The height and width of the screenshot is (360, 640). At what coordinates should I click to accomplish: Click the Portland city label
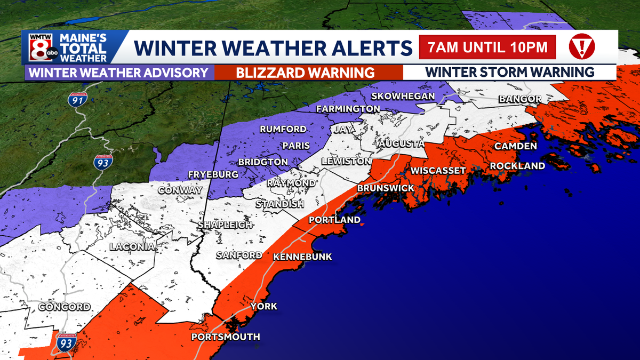335,220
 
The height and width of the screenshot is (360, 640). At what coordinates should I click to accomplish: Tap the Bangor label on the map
520,99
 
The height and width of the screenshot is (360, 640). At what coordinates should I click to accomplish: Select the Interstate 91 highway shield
78,99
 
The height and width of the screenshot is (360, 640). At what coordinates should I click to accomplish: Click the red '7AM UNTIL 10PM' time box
487,47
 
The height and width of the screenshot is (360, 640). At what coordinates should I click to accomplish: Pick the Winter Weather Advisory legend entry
118,73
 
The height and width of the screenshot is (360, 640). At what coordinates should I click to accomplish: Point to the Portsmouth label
226,337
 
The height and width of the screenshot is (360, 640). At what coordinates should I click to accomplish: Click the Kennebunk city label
302,257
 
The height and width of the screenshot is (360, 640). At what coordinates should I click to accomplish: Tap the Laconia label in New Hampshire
132,246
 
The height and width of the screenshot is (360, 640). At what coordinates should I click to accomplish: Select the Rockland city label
517,166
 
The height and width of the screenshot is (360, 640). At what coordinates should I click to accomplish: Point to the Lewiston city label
346,161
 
